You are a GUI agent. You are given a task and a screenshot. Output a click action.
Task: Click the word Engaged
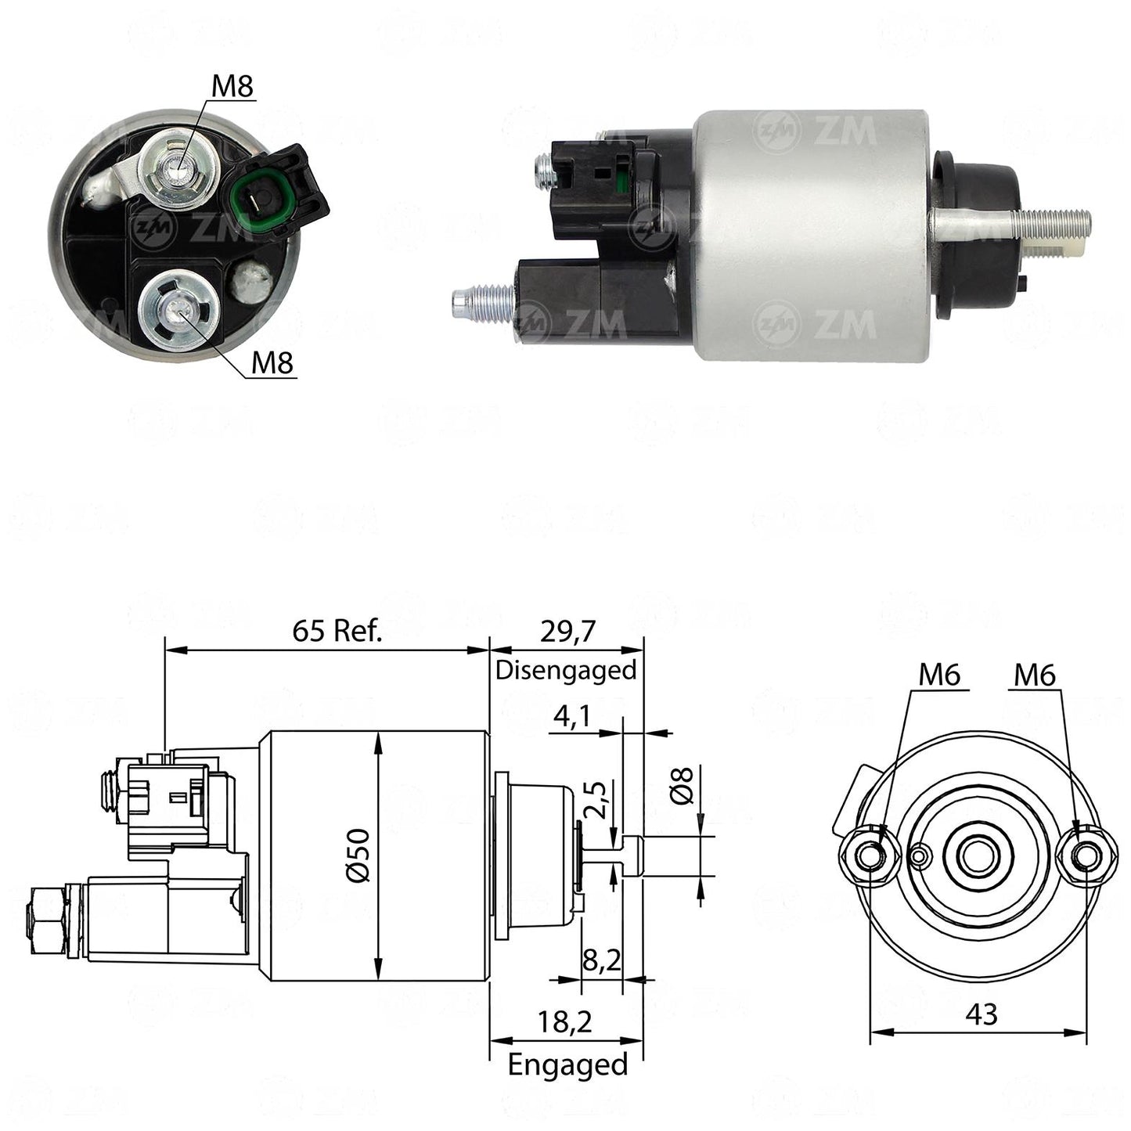pos(567,1064)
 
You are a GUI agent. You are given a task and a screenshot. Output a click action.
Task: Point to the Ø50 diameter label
pos(358,855)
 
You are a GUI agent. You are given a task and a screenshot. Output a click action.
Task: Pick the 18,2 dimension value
pos(564,1022)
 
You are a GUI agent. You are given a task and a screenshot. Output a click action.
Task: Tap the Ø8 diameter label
pos(683,785)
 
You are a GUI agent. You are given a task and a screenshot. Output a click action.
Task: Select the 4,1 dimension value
pos(571,716)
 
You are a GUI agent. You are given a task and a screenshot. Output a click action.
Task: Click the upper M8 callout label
pos(232,87)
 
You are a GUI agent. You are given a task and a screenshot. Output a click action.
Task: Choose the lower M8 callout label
pos(272,363)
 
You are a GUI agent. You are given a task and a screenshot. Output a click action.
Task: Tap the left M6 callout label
pos(939,675)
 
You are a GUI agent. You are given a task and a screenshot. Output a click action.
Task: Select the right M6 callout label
pos(1035,675)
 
